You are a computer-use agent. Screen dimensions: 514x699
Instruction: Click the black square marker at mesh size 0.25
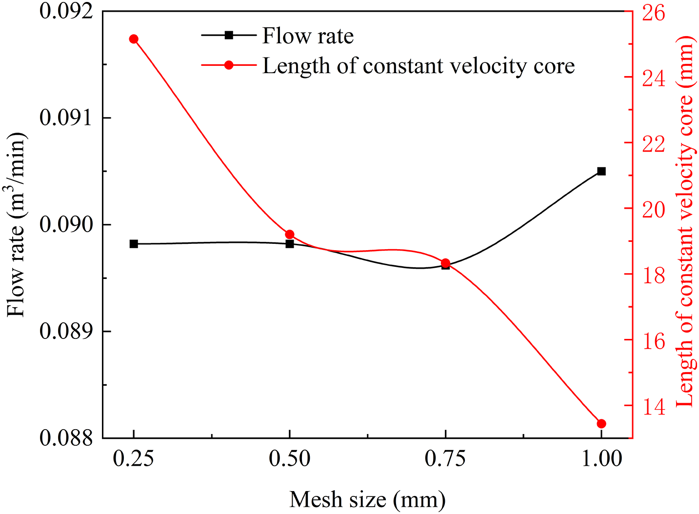(134, 244)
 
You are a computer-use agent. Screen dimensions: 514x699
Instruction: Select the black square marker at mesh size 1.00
(601, 171)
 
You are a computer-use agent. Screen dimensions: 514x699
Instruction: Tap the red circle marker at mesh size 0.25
(134, 39)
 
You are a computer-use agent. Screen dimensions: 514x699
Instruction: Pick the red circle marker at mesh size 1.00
(601, 424)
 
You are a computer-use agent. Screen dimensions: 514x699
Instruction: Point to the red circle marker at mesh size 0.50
(290, 235)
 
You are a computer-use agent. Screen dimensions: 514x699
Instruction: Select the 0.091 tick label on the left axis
(66, 118)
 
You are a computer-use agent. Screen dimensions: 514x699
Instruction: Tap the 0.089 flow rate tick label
(66, 331)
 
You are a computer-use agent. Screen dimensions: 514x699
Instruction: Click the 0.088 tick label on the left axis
(66, 438)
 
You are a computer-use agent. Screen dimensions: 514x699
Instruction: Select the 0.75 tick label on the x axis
(445, 459)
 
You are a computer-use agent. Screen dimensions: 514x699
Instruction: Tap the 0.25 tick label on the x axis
(134, 459)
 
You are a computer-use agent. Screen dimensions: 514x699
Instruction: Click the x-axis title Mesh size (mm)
(367, 499)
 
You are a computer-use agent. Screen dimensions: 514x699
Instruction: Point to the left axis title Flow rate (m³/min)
(17, 225)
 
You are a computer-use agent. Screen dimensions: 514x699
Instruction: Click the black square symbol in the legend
(228, 35)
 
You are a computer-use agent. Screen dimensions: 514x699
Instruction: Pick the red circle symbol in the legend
(228, 65)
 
